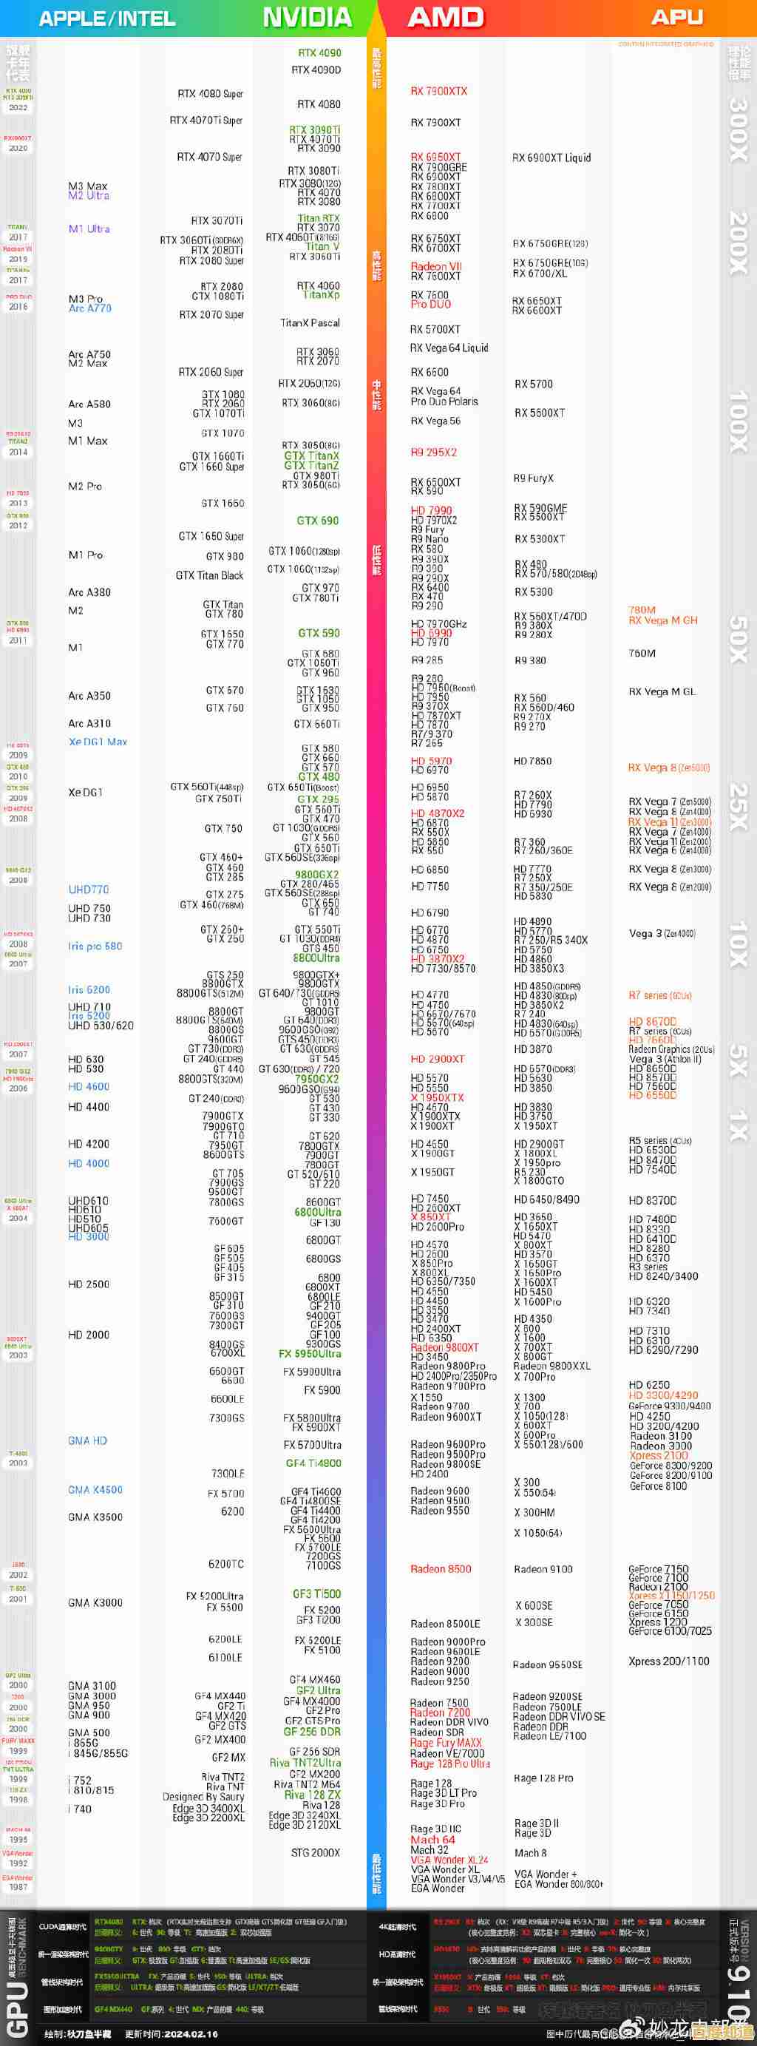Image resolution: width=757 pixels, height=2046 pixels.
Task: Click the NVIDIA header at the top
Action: click(x=307, y=18)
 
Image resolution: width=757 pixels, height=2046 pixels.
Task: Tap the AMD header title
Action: click(x=446, y=18)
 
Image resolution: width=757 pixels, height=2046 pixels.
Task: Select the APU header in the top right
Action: click(x=676, y=18)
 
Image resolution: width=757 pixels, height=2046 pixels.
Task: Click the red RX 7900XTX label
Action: click(x=438, y=92)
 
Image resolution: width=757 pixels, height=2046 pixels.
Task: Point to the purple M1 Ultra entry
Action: click(x=89, y=228)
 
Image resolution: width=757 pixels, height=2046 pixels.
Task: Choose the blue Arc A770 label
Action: click(x=89, y=308)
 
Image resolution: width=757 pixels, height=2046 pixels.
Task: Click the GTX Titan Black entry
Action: click(x=210, y=575)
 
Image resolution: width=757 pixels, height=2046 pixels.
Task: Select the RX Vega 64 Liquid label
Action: click(x=449, y=348)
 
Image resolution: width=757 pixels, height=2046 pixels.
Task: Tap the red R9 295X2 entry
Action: click(x=434, y=452)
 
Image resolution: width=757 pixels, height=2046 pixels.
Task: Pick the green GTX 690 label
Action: click(x=318, y=521)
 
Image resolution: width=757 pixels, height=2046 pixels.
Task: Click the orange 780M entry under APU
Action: click(x=642, y=610)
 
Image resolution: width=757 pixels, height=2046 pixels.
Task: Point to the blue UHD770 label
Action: click(x=89, y=890)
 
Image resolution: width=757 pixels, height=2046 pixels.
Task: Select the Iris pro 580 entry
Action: click(x=95, y=946)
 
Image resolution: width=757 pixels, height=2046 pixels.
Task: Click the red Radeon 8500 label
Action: click(x=441, y=1568)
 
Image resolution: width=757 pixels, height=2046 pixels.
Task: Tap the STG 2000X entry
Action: click(x=316, y=1852)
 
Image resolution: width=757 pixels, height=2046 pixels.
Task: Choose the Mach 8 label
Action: click(x=531, y=1852)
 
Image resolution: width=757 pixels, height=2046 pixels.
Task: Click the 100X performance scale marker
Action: click(x=738, y=421)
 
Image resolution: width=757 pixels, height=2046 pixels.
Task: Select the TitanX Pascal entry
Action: click(x=310, y=322)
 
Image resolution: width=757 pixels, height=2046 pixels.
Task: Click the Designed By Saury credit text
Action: click(x=203, y=1796)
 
